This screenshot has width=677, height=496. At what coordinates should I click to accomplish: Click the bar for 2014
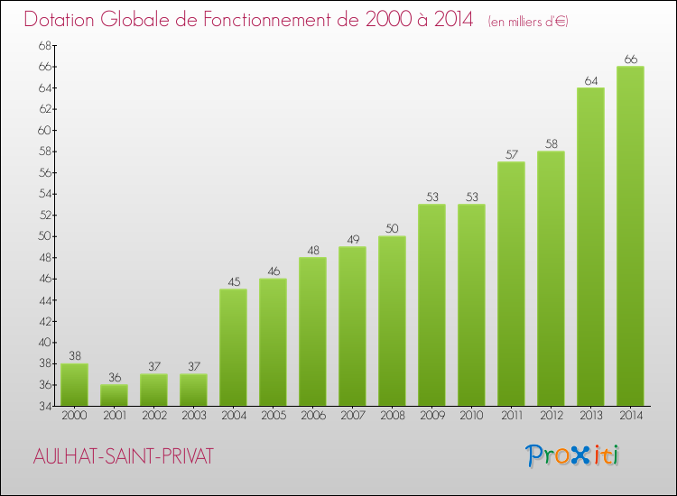point(630,236)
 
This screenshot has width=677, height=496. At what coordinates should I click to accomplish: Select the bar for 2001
point(114,395)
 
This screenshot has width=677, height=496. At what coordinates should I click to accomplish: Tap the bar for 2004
point(233,347)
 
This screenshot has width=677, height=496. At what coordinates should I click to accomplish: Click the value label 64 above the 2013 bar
point(590,80)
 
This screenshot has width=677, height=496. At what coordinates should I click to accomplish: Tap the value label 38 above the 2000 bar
point(74,356)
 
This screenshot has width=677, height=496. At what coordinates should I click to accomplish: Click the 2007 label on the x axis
point(352,415)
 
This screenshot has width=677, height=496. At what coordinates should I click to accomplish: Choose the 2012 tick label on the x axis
point(551,415)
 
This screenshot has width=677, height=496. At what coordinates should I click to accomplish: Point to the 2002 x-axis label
point(153,415)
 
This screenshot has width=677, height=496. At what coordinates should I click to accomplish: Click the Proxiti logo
point(573,455)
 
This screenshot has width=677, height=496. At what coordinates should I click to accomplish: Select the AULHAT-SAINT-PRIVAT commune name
point(122,456)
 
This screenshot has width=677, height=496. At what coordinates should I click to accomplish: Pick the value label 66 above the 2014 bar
point(630,60)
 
